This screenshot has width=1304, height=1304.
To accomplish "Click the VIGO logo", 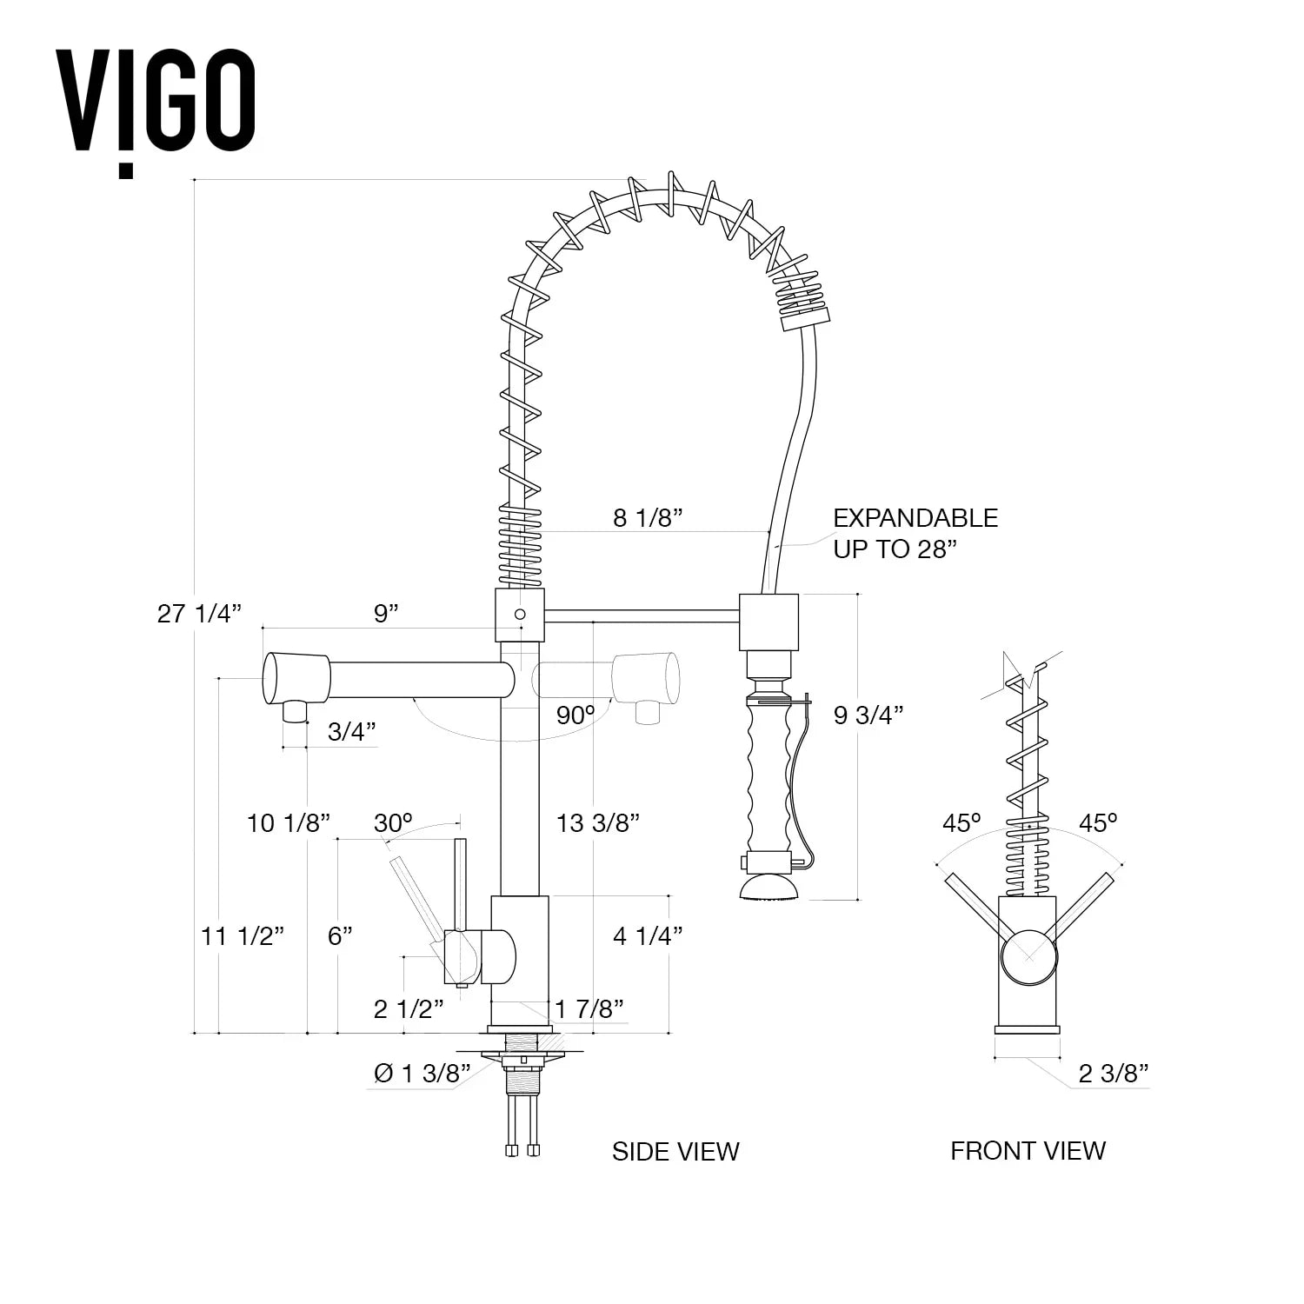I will (x=156, y=110).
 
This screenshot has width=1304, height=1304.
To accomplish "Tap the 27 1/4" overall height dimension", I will (x=198, y=614).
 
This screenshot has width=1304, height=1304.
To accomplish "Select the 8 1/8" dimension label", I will (x=648, y=518).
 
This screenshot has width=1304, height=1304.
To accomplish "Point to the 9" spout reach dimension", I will (x=386, y=614).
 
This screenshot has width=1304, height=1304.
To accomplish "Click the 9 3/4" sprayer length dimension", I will (x=868, y=715).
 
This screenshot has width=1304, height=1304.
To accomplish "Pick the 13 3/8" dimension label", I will (x=598, y=822).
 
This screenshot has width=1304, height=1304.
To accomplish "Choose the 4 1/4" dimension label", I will (x=647, y=936).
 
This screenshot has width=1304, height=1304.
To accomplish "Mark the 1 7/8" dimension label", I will (x=590, y=1008).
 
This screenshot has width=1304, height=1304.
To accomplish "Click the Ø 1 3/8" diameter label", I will (x=422, y=1074).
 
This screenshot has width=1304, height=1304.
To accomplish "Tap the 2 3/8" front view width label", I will (x=1114, y=1074).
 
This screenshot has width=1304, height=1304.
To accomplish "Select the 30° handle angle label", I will (x=393, y=822).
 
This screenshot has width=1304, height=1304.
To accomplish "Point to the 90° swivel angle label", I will (x=575, y=715).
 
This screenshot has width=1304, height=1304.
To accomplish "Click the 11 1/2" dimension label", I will (x=243, y=936).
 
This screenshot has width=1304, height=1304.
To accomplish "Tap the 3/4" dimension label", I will (x=352, y=732).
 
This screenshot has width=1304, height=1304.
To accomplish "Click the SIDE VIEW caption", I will (x=675, y=1152).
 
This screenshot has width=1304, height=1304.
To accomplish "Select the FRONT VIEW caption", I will (x=1028, y=1151).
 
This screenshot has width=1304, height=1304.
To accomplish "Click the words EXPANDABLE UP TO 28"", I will (x=915, y=533).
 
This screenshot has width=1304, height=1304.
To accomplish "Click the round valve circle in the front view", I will (x=1028, y=956).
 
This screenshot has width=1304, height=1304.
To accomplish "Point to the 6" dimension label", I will (x=340, y=936).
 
